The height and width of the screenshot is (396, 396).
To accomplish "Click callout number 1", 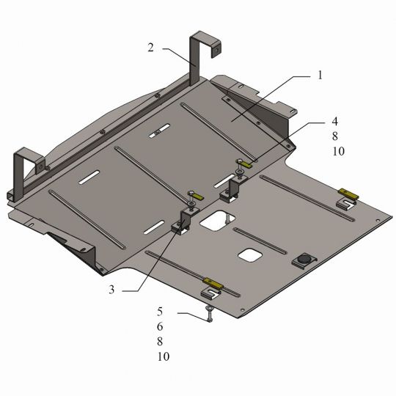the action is point(320,75).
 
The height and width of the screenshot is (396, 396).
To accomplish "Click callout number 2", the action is point(150,48).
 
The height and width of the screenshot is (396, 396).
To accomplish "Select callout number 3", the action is point(111,290).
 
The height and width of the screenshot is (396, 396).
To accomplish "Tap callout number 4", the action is point(334,122).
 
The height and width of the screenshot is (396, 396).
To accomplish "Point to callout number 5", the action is point(160,312).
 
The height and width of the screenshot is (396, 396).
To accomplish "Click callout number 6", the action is point(160,326).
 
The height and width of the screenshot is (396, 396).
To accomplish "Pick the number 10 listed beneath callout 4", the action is point(338,151).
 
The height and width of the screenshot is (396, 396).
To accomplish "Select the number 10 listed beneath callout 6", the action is point(164,356).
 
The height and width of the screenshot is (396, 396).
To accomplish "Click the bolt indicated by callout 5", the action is point(210,313).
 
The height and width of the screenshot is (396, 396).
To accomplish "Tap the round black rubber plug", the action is point(304,259).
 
